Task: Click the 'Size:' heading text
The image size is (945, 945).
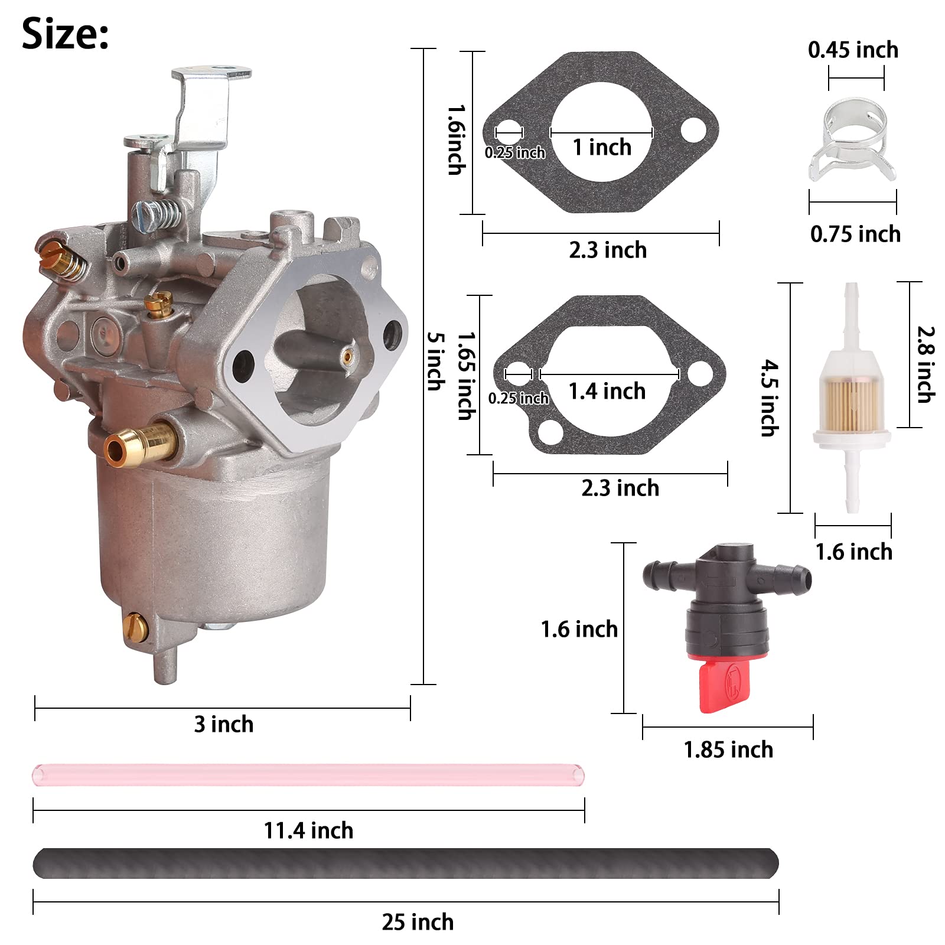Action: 65,34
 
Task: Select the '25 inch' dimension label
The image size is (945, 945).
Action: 418,922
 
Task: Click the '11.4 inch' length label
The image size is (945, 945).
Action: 308,830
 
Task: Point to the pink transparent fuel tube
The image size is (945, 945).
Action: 307,774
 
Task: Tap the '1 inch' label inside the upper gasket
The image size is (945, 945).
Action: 602,147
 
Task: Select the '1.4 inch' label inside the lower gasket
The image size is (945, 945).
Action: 607,391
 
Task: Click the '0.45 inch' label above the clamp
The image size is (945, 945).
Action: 853,50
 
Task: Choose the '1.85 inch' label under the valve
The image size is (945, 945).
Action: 728,750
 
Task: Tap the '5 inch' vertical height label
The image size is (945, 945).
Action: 436,361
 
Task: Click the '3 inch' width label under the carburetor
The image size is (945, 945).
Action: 224,724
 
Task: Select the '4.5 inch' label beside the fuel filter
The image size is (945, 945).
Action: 767,398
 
